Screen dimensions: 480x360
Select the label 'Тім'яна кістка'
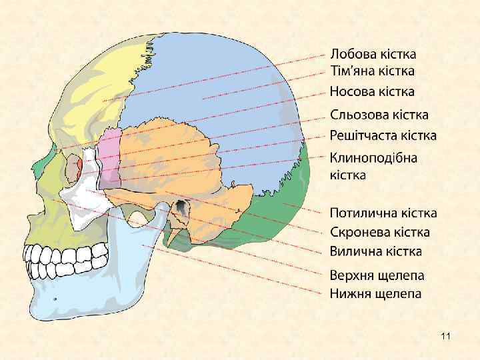point(373,71)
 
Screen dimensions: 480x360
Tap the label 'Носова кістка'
point(373,91)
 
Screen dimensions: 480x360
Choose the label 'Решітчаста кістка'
point(383,136)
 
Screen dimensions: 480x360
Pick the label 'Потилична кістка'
point(383,213)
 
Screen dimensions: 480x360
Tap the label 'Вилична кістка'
point(376,251)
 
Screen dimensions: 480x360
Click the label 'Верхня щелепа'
point(377,275)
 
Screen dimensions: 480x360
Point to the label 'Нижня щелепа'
point(375,293)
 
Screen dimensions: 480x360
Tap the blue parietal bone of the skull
point(220,80)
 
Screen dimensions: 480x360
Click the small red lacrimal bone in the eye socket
point(80,163)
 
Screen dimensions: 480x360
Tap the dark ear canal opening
point(180,207)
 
